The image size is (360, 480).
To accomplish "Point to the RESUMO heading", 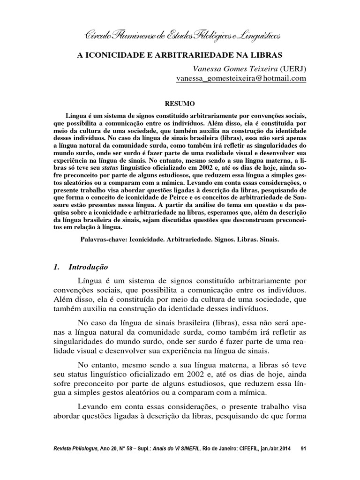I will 180,103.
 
